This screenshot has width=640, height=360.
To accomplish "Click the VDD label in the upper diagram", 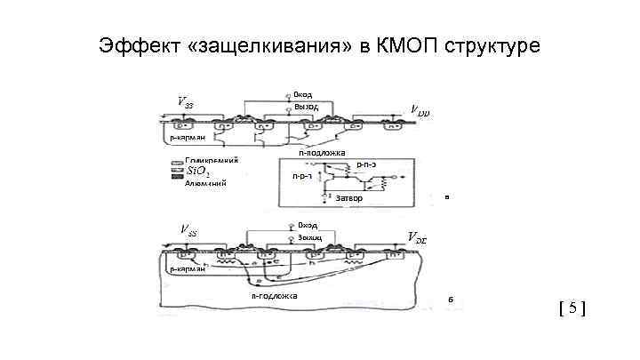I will coord(419,110).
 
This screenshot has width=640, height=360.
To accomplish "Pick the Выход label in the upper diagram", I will coord(305,107).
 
